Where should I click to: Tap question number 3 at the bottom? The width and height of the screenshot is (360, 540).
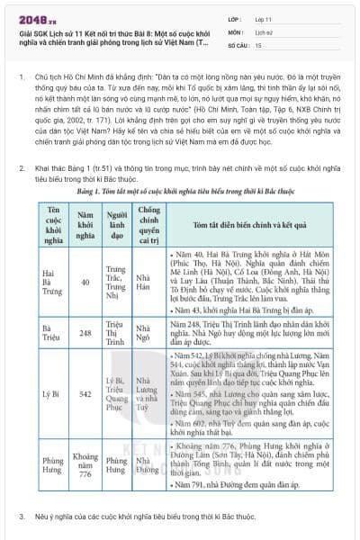(x=22, y=517)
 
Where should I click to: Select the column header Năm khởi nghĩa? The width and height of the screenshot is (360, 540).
(x=85, y=222)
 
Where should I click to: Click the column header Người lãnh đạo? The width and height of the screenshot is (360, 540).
(x=115, y=222)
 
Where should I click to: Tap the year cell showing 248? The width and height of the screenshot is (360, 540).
(x=85, y=332)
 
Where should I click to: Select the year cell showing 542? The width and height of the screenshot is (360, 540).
(x=85, y=393)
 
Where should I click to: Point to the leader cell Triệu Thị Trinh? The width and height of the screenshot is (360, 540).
(x=115, y=332)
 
